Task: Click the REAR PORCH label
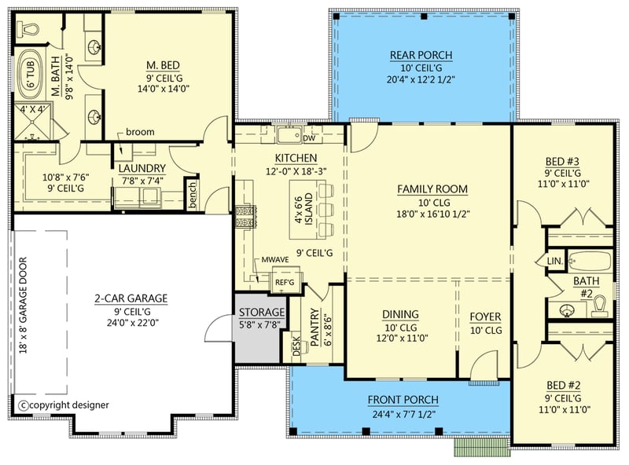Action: tap(421, 54)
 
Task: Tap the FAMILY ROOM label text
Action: tap(432, 189)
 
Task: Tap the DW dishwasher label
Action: tap(308, 137)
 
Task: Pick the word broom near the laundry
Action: tap(139, 132)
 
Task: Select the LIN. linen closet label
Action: tap(554, 261)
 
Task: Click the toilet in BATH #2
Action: tap(601, 305)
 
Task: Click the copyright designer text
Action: tap(64, 405)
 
